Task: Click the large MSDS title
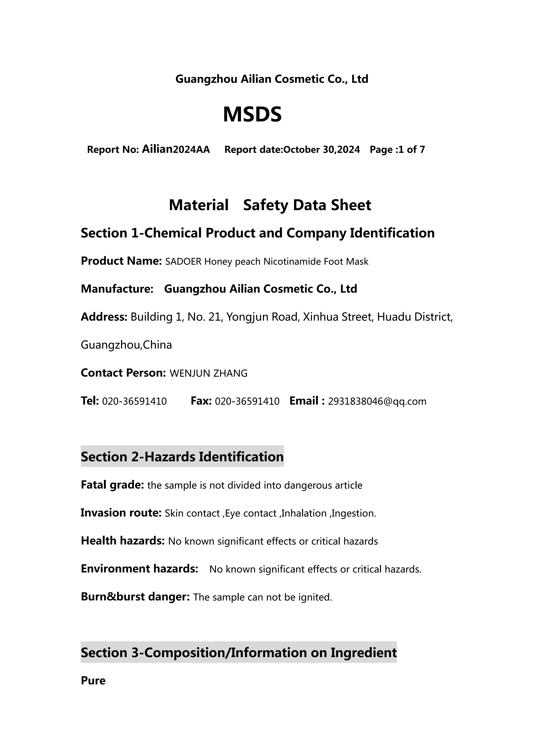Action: (252, 115)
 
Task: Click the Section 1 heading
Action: (257, 233)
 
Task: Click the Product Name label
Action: (121, 261)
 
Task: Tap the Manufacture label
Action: (117, 289)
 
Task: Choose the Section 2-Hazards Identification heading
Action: (182, 457)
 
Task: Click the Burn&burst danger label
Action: (135, 597)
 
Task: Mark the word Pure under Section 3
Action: (93, 681)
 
